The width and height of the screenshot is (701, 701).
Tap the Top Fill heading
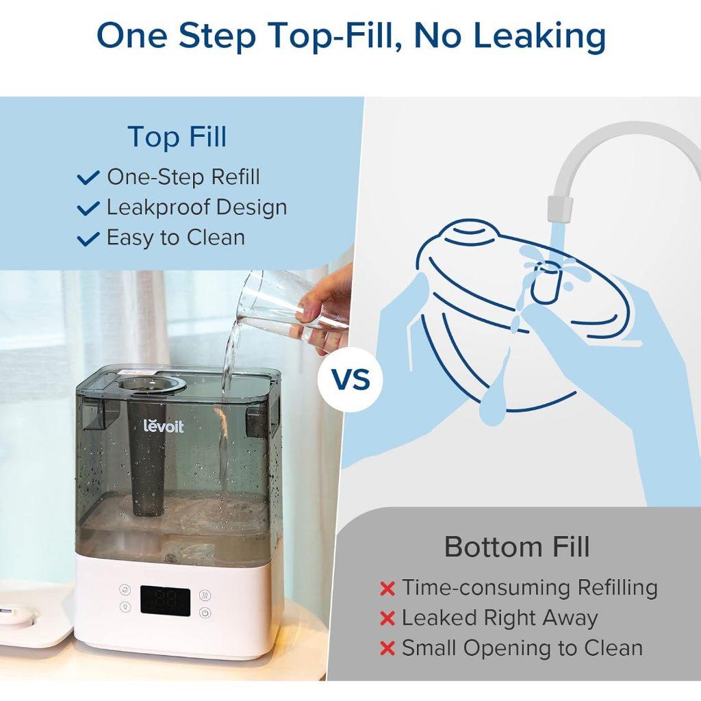(x=177, y=136)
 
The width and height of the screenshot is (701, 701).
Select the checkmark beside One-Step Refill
(x=89, y=178)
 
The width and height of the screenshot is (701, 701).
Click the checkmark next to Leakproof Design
(x=89, y=208)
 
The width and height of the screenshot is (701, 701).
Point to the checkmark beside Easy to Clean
(x=89, y=238)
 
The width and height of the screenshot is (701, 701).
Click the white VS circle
(x=350, y=379)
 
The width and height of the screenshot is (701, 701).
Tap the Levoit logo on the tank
(x=163, y=428)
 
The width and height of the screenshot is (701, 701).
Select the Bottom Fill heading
(x=517, y=546)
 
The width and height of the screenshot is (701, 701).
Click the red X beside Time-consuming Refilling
(x=387, y=589)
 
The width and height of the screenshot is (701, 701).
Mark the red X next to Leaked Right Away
(x=387, y=619)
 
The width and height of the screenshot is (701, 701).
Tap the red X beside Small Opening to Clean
(x=387, y=649)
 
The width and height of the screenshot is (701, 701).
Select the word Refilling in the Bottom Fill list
(x=617, y=587)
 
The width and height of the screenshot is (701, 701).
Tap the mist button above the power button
(x=205, y=594)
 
